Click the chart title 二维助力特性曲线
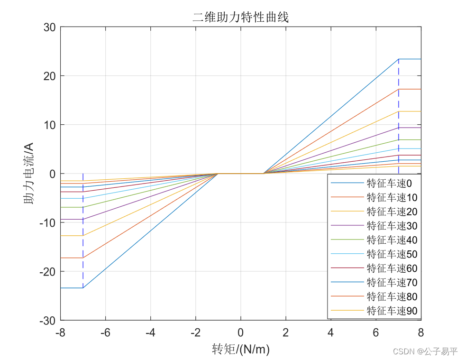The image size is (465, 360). [240, 18]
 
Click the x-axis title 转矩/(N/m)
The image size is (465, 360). [241, 350]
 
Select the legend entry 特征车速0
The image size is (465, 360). [389, 183]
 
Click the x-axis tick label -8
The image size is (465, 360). [60, 332]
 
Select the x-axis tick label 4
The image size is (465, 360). [330, 332]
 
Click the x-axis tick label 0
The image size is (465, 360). [240, 332]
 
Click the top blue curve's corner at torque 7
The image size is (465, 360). [398, 59]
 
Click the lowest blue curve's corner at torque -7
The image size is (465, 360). [83, 288]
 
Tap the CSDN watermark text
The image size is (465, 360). [425, 351]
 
